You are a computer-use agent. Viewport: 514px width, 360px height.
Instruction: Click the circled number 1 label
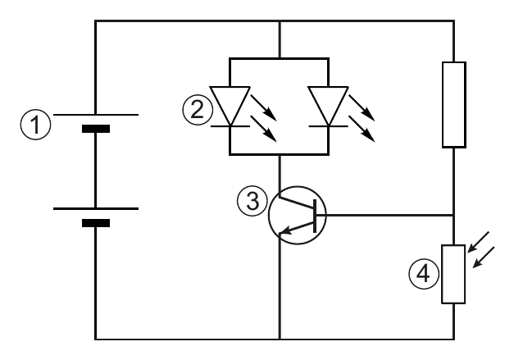tap(36, 125)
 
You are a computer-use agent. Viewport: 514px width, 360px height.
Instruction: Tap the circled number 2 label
tap(198, 110)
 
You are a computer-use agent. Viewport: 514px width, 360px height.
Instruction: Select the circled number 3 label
tap(252, 201)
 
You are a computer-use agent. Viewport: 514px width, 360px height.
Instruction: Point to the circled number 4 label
tap(424, 274)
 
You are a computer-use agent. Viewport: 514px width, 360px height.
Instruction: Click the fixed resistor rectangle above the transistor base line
tap(454, 105)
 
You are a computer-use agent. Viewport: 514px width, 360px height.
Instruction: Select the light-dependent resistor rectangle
tap(453, 274)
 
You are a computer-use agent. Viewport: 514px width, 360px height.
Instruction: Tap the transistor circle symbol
tap(269, 215)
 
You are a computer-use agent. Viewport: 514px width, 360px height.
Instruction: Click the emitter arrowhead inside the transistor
tap(284, 230)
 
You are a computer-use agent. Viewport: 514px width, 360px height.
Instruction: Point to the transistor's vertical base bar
tap(315, 216)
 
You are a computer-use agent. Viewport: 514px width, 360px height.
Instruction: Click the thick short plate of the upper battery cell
tap(96, 129)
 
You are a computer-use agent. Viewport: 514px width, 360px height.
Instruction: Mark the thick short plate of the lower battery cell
tap(96, 223)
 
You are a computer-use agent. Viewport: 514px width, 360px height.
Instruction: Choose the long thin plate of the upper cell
tap(96, 115)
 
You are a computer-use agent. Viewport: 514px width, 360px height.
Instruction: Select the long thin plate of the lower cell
tap(96, 208)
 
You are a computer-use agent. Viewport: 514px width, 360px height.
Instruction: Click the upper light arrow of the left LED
tap(264, 108)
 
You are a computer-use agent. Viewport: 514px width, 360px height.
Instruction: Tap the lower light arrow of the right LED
tap(362, 129)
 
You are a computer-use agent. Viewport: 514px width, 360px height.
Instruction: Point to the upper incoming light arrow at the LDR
tap(478, 242)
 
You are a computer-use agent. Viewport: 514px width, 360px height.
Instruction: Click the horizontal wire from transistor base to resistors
tap(385, 216)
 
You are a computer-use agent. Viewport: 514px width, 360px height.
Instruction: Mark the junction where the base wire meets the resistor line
tap(454, 216)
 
